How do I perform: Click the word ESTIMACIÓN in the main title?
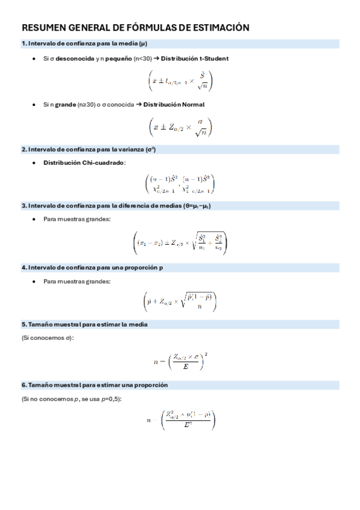(218, 28)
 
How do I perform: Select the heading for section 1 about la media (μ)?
(84, 43)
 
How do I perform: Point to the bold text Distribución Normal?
(174, 104)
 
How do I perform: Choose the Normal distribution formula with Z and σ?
(180, 126)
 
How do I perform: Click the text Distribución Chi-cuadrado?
(85, 163)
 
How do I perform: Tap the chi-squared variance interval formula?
(180, 183)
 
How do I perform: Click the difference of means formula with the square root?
(180, 242)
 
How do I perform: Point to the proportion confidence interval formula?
(180, 301)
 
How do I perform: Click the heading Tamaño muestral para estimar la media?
(84, 324)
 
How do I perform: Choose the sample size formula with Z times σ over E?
(180, 361)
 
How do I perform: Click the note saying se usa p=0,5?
(102, 399)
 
